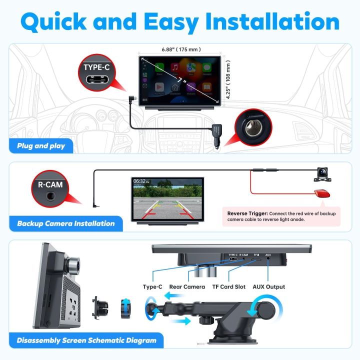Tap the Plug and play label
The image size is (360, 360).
42,146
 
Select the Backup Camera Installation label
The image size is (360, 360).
65,223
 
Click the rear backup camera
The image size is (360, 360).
324,172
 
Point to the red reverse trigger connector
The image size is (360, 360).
322,194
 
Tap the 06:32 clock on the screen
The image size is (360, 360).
139,181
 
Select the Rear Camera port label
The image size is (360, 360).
187,286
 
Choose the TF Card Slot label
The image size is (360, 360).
229,286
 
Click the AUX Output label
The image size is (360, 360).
268,286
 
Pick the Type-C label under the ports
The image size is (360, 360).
152,286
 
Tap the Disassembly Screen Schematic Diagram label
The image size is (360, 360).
86,340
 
